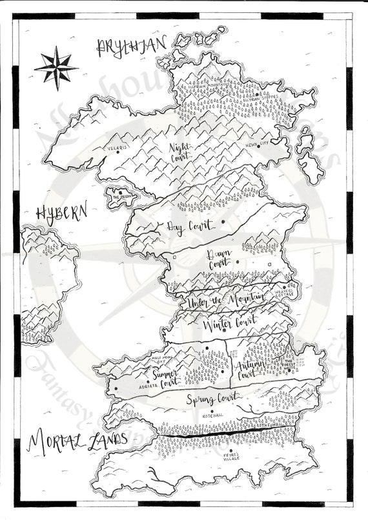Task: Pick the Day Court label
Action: click(185, 226)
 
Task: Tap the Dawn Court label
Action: click(220, 262)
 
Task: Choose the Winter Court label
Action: click(229, 323)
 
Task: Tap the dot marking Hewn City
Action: click(259, 146)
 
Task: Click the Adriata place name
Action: click(150, 388)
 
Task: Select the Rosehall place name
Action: click(212, 416)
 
